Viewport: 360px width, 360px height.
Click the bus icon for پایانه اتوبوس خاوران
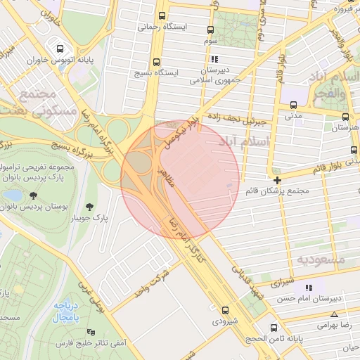[61, 49]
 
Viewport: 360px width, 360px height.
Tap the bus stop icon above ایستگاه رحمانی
[162, 16]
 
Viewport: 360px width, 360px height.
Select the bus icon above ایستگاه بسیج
[156, 61]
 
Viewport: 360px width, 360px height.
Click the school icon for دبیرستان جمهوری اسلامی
[214, 60]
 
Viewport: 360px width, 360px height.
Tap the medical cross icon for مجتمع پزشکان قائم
[278, 180]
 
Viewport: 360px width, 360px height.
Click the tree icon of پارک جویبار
[90, 207]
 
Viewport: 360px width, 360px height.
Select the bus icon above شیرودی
[225, 310]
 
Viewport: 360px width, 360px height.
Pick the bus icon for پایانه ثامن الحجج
[274, 327]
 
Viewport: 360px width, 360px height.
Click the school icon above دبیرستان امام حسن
[307, 288]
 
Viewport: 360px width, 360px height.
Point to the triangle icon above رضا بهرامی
[334, 314]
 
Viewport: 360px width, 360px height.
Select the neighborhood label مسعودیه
[320, 259]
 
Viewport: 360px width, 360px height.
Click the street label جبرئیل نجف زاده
[235, 120]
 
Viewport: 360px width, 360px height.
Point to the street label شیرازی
[280, 283]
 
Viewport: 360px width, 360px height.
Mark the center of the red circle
[180, 180]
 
